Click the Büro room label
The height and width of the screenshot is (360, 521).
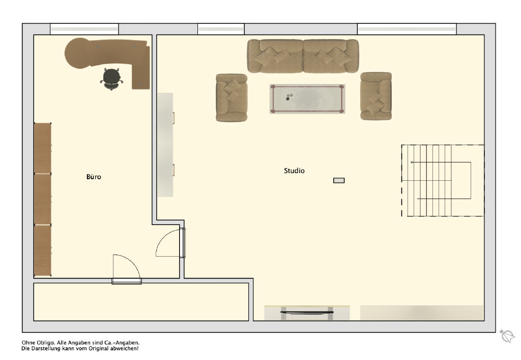tap(94, 177)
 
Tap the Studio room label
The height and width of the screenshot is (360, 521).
tap(294, 171)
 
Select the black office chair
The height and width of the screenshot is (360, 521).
tap(111, 79)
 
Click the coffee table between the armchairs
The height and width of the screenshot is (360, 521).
tap(307, 99)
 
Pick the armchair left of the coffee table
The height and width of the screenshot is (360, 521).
tap(231, 97)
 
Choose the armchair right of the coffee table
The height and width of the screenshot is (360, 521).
tap(376, 96)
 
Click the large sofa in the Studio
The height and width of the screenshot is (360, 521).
tap(303, 56)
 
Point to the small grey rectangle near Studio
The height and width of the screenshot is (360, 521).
tap(339, 180)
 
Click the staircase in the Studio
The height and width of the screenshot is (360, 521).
tap(443, 180)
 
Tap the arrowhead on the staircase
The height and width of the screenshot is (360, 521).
tap(412, 162)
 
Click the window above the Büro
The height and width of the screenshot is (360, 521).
tap(84, 29)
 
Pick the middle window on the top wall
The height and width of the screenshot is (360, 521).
tap(221, 29)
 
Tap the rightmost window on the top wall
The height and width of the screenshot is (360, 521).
tap(407, 29)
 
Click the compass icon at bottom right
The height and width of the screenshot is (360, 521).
tap(507, 336)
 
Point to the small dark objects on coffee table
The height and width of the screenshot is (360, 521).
tap(289, 97)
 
